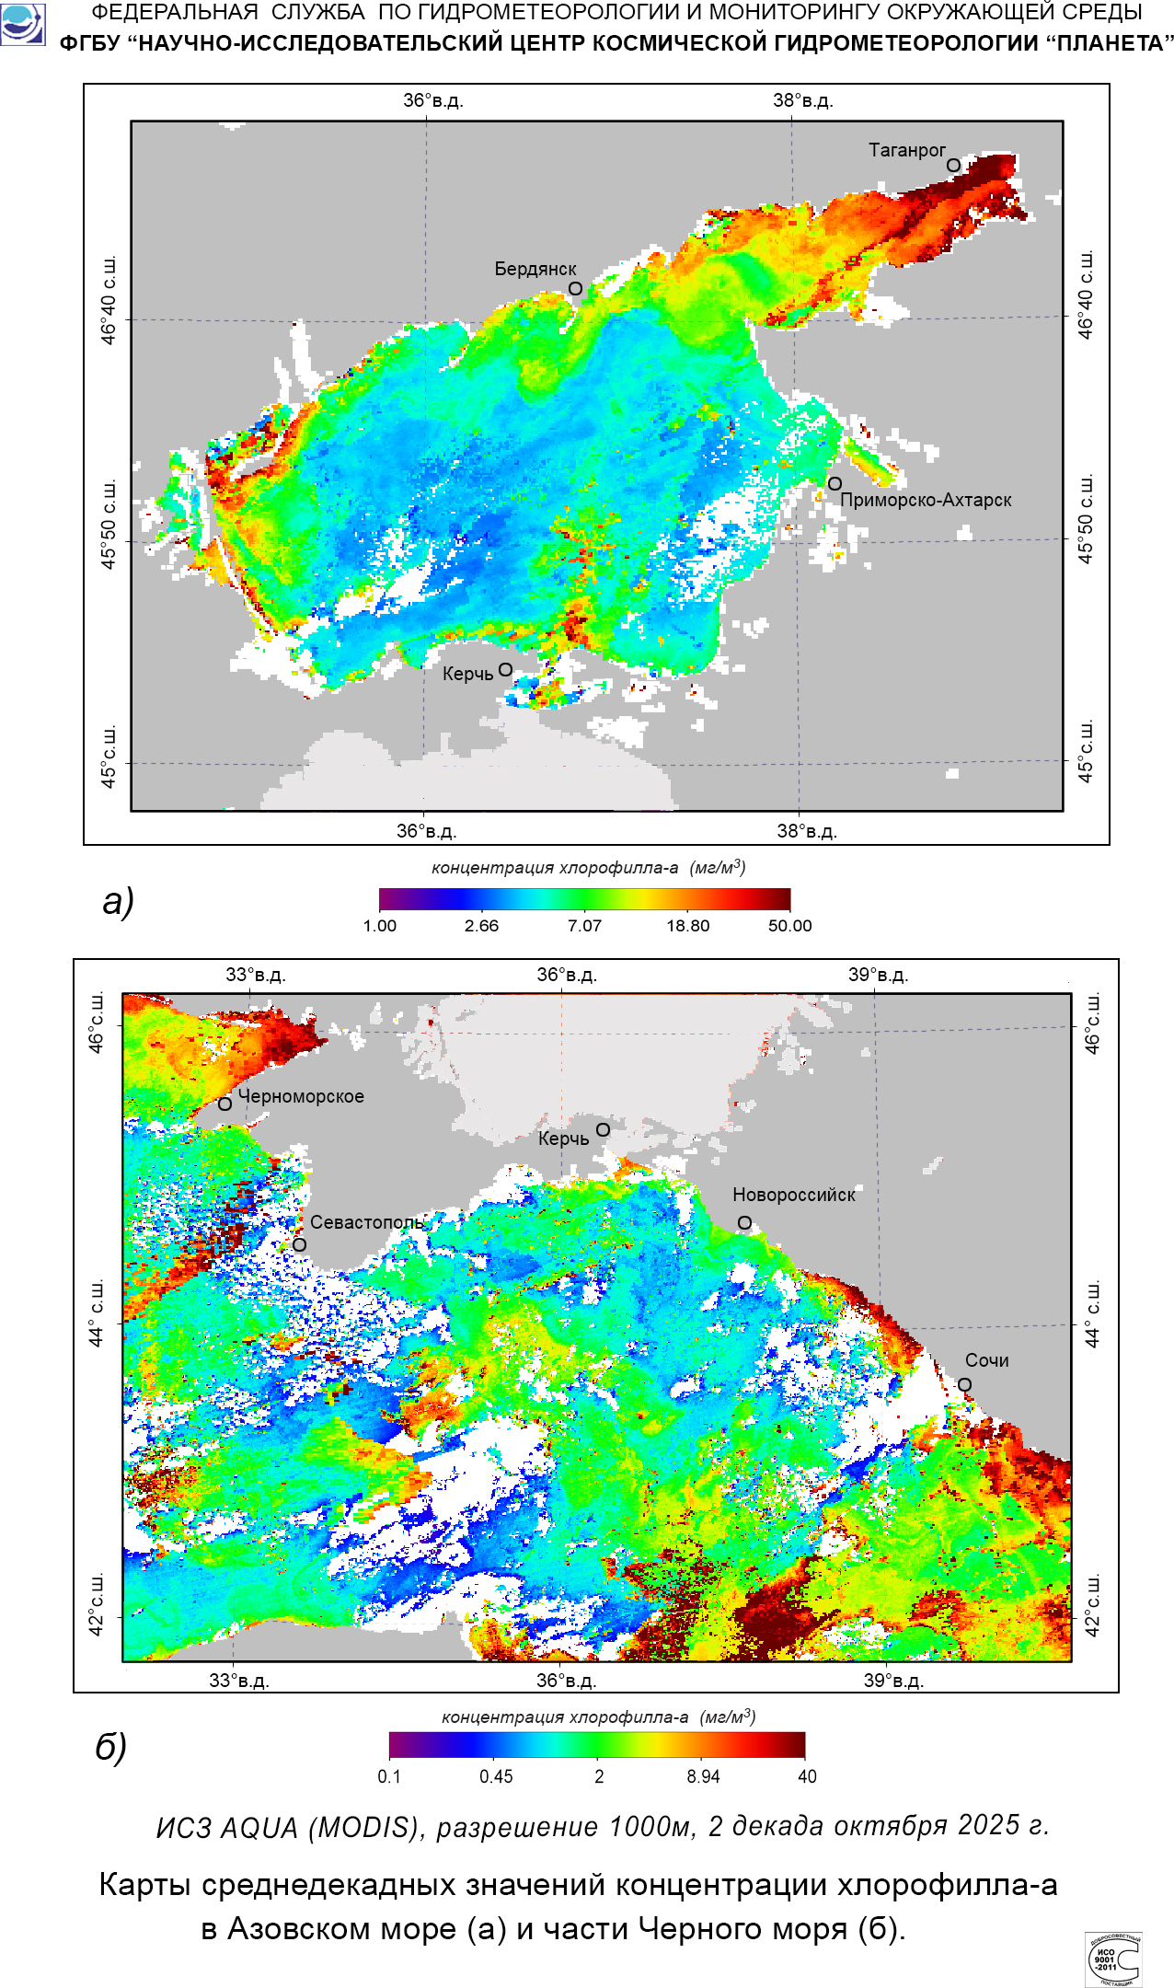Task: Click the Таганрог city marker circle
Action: click(953, 166)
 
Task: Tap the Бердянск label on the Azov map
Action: click(535, 269)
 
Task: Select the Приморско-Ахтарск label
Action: click(926, 500)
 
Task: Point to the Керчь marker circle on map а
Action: click(505, 670)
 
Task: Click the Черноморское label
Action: click(301, 1096)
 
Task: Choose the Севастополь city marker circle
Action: click(299, 1245)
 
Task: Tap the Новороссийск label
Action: click(793, 1195)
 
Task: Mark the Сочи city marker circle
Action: click(964, 1385)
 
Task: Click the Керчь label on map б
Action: click(563, 1138)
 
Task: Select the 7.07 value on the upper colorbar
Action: click(584, 926)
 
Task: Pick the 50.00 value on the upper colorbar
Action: click(789, 926)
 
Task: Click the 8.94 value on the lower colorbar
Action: click(703, 1776)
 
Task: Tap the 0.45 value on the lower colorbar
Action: click(496, 1776)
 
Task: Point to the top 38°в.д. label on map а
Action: click(802, 100)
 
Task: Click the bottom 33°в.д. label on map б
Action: click(238, 1681)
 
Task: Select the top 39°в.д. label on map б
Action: click(878, 975)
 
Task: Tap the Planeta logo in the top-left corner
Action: click(22, 24)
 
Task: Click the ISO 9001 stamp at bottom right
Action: click(1113, 1959)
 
